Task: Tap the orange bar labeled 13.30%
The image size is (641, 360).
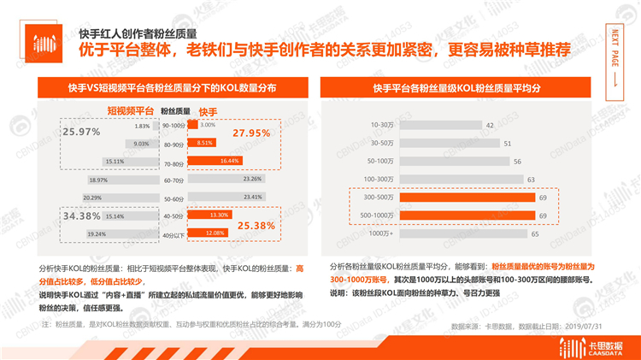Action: (210, 215)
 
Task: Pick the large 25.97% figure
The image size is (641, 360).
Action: (82, 132)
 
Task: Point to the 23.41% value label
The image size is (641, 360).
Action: (252, 198)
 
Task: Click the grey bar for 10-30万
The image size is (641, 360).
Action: (437, 126)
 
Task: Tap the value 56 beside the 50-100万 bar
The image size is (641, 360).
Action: (518, 162)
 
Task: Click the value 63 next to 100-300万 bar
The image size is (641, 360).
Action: (531, 180)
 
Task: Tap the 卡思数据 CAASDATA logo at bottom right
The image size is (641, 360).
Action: (589, 344)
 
